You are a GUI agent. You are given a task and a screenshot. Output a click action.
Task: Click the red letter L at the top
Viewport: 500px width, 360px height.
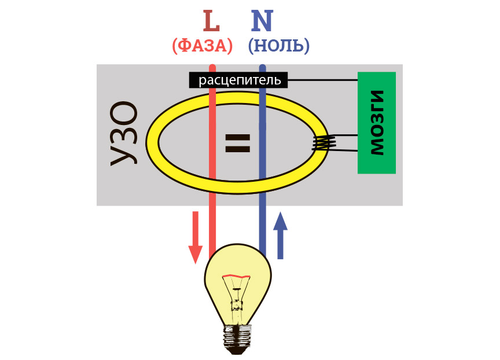pos(211,21)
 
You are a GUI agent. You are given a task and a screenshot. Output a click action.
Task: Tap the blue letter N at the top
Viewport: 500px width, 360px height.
pos(262,21)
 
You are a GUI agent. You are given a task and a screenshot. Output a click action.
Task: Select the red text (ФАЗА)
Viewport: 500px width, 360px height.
pos(203,46)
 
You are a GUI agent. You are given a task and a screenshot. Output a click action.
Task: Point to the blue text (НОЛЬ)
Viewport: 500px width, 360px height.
pos(278,46)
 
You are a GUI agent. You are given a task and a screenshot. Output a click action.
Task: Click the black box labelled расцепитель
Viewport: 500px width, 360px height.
pos(238,80)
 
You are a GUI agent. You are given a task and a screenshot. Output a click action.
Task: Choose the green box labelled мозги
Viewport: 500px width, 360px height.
pos(376,123)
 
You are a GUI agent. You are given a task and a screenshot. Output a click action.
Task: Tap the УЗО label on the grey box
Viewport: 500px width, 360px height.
pos(124,134)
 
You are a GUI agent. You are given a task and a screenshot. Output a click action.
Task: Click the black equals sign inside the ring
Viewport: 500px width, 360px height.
pos(237,142)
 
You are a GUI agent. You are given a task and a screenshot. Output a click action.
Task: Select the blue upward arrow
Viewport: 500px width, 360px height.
pos(280,235)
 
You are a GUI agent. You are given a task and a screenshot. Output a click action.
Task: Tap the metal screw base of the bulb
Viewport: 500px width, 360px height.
pos(238,339)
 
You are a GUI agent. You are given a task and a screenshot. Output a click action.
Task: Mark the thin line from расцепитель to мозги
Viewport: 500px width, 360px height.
pos(321,79)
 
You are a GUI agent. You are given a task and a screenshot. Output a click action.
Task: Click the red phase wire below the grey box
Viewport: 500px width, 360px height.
pos(212,229)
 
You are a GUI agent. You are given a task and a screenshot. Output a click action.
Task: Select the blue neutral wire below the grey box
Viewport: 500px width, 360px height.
pos(262,229)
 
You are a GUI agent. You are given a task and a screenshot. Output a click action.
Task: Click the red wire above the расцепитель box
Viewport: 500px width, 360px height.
pos(212,69)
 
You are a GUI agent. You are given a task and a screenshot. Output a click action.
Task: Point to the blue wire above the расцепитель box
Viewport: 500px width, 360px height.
pos(262,69)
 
